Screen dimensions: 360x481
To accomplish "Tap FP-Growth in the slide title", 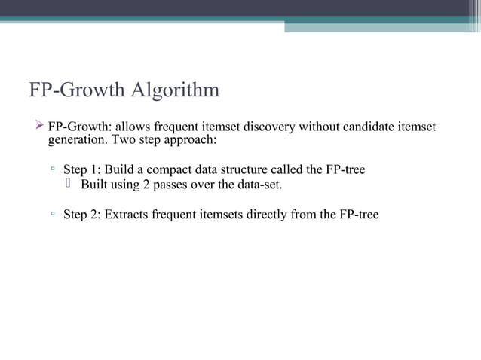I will click(x=78, y=90).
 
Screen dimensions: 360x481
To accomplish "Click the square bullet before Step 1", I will click(x=53, y=170).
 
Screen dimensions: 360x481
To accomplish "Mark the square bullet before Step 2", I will click(x=53, y=215).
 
